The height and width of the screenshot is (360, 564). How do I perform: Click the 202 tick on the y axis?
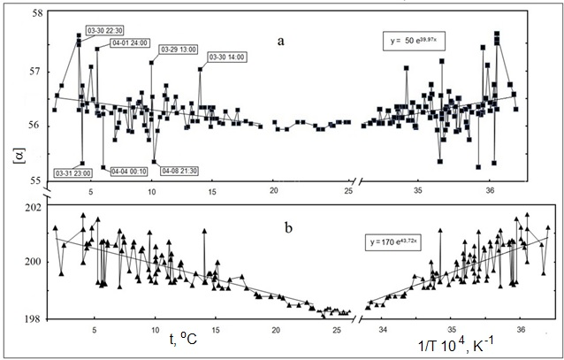30,208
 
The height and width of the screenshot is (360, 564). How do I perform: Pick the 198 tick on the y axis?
30,317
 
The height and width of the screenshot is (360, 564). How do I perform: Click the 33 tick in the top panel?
366,192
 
